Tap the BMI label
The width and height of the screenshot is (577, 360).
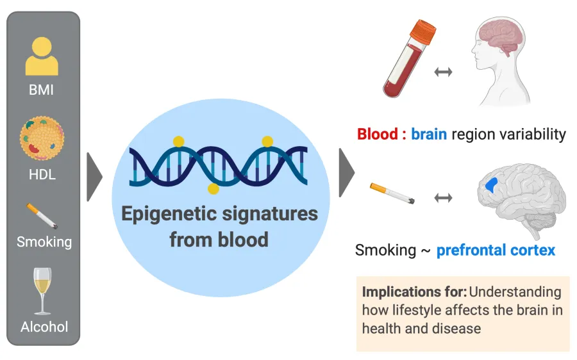pos(42,90)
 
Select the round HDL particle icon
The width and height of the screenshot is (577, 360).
pos(42,139)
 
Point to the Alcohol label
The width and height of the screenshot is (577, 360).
pos(44,327)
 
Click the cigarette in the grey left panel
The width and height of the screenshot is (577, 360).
pos(42,216)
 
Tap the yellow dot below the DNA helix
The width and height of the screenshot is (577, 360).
pos(213,189)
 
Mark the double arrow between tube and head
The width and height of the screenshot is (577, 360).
pos(443,72)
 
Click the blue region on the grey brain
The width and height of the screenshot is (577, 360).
pos(492,186)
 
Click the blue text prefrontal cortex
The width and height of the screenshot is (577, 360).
pos(496,249)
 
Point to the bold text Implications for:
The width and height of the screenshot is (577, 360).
pos(414,292)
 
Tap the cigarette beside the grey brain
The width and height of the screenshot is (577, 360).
pos(392,193)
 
